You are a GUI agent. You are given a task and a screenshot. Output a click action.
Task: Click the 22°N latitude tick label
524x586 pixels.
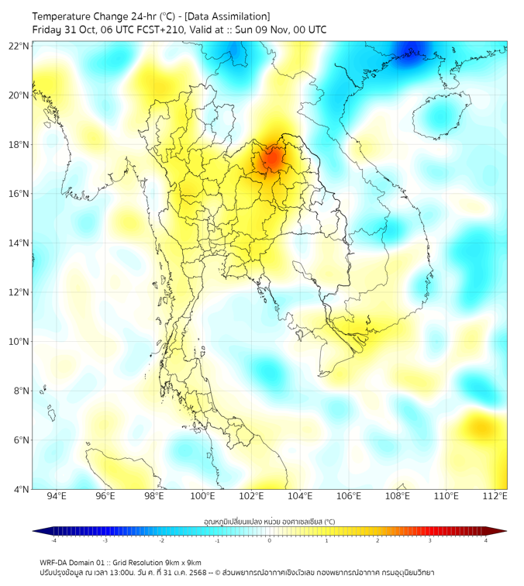(x=19, y=47)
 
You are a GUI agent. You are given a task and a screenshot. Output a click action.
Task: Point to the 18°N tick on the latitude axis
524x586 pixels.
(x=19, y=145)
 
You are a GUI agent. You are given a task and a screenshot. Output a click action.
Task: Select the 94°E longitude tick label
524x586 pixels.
(x=57, y=496)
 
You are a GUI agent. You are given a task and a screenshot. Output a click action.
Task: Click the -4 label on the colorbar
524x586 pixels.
(x=53, y=539)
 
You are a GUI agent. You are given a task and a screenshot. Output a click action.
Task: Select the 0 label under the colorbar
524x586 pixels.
(x=270, y=539)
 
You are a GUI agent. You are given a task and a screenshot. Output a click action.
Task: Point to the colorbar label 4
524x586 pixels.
(x=486, y=539)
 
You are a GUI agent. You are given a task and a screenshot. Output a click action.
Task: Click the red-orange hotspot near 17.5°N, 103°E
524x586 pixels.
(x=271, y=158)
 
